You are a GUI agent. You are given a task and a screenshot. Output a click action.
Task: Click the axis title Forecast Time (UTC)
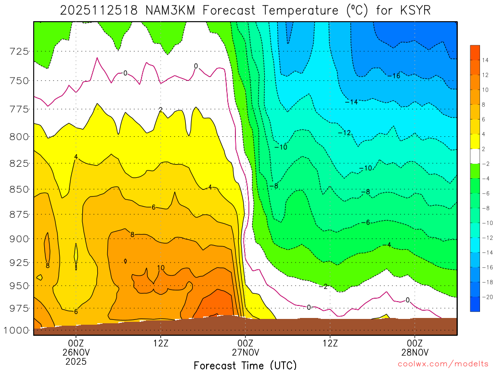(x=245, y=365)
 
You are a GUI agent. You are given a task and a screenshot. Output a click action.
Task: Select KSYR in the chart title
(x=413, y=10)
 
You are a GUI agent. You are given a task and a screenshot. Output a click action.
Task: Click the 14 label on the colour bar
(x=485, y=60)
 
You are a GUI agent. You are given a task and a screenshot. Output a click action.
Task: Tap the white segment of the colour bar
(x=475, y=156)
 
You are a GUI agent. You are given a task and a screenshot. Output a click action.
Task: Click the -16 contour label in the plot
(x=394, y=76)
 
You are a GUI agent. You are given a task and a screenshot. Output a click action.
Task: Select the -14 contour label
(x=351, y=102)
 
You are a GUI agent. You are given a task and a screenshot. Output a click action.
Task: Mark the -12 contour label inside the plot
(x=344, y=132)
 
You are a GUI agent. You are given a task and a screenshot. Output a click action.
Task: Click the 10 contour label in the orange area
(x=161, y=268)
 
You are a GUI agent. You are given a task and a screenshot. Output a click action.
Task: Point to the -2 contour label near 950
(x=324, y=287)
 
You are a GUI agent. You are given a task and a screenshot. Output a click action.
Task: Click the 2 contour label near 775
(x=160, y=110)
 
